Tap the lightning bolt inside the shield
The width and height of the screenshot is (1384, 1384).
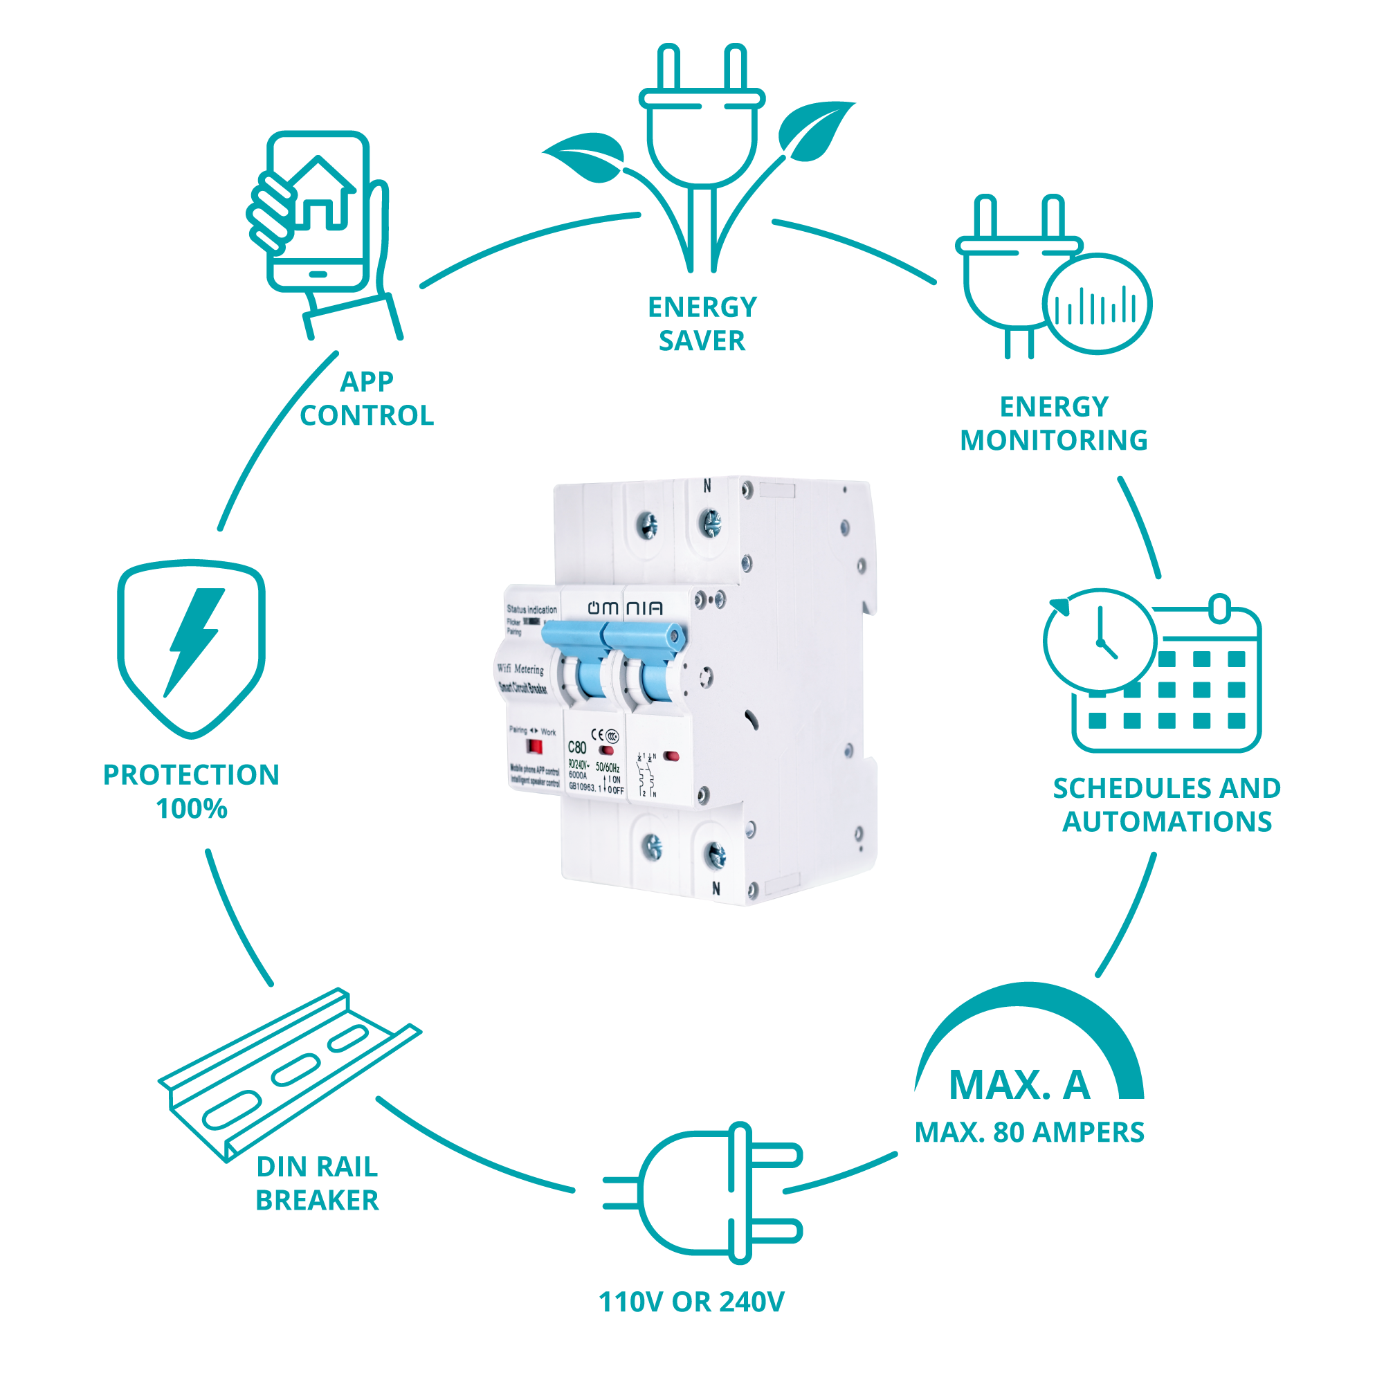[x=194, y=639]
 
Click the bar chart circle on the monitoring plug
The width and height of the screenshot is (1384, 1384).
[x=1096, y=304]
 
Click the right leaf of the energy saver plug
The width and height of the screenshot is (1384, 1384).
[x=814, y=129]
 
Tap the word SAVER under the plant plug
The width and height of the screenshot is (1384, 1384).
[x=701, y=341]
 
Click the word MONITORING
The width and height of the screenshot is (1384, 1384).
[x=1054, y=441]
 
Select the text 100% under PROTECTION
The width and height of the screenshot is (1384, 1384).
[x=191, y=809]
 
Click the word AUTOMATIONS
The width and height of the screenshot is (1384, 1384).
[x=1167, y=821]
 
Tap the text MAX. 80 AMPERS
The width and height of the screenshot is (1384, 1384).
[x=1030, y=1133]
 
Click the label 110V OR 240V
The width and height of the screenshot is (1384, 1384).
[x=691, y=1302]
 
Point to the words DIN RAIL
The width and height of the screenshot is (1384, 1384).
[x=317, y=1167]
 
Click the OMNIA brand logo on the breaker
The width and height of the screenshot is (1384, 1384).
[x=625, y=608]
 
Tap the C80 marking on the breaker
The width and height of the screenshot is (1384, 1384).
[x=577, y=747]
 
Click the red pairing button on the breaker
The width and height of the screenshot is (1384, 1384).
[x=534, y=747]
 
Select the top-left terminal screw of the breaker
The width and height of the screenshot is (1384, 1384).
[x=648, y=525]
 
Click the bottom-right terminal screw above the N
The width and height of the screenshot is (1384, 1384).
[x=716, y=854]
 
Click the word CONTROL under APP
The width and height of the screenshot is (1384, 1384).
[x=367, y=415]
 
